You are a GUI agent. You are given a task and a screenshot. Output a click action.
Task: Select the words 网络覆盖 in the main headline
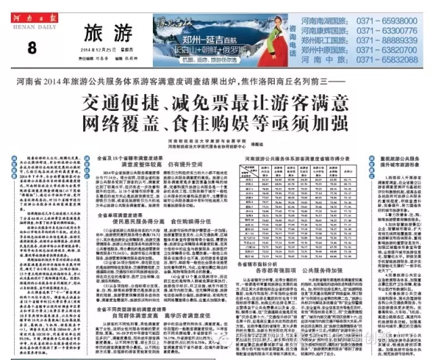pyautogui.click(x=118, y=125)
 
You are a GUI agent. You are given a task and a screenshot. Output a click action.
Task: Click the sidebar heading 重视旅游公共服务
pyautogui.click(x=398, y=158)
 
